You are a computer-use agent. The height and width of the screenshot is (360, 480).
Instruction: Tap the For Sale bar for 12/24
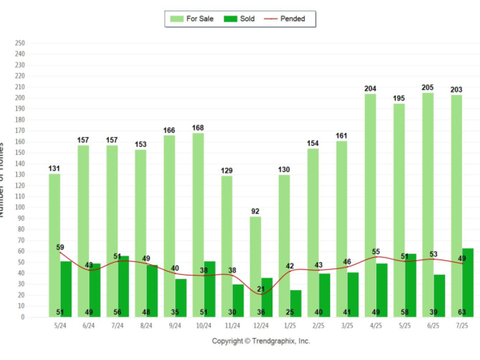coord(255,259)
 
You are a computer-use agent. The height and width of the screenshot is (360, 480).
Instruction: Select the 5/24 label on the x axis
coord(60,326)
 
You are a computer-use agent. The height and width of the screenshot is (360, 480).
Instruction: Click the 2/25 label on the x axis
coord(319,326)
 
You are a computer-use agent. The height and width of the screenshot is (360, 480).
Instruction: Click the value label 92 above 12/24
coord(255,211)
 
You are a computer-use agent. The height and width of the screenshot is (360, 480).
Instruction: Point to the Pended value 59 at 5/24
coord(60,247)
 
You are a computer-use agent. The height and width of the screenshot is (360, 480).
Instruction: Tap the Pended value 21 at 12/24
coord(261,289)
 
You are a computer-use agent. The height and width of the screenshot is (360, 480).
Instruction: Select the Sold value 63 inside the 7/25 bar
coord(468,311)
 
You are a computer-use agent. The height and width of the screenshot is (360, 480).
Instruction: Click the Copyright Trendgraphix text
coord(261,341)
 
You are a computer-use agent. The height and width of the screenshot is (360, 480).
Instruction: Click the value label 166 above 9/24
coord(169,130)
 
